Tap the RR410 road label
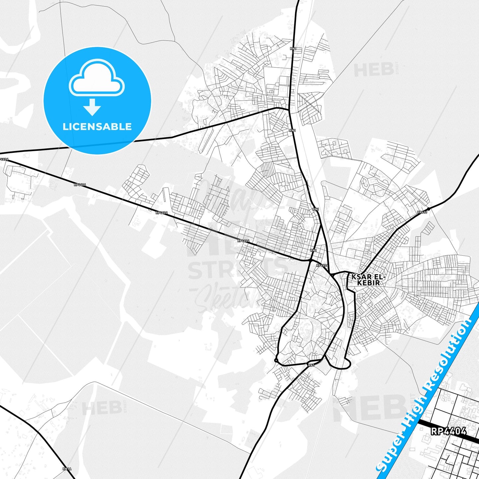pyautogui.click(x=422, y=212)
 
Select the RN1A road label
pyautogui.click(x=67, y=469)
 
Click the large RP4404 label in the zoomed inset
pyautogui.click(x=449, y=431)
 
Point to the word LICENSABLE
pyautogui.click(x=97, y=127)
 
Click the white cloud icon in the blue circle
pyautogui.click(x=97, y=78)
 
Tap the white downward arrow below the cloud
pyautogui.click(x=92, y=107)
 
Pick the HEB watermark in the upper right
pyautogui.click(x=374, y=70)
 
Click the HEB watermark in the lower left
pyautogui.click(x=102, y=408)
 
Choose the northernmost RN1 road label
pyautogui.click(x=293, y=49)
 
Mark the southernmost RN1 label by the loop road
pyautogui.click(x=311, y=365)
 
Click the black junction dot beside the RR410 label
pyautogui.click(x=428, y=209)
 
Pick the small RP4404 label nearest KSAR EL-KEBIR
pyautogui.click(x=322, y=265)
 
